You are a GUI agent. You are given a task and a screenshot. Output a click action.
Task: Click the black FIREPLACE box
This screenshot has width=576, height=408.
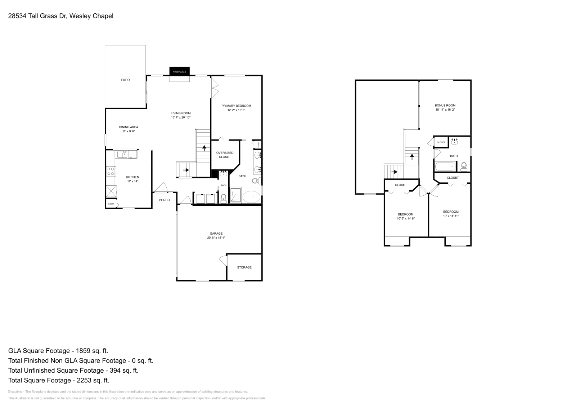[x=179, y=71]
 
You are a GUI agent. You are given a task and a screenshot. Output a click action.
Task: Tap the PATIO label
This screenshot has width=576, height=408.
[x=125, y=80]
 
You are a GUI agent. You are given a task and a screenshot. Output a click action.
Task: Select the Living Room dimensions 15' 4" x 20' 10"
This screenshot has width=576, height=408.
[x=181, y=117]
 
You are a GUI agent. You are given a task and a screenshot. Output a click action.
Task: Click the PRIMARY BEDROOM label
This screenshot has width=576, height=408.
[x=236, y=106]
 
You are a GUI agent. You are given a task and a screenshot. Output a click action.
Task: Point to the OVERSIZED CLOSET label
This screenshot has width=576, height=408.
[x=225, y=155]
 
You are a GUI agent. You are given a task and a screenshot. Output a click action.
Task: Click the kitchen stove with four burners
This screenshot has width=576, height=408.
[x=111, y=171]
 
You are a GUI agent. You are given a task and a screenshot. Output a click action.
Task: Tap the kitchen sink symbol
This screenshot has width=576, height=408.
[x=123, y=154]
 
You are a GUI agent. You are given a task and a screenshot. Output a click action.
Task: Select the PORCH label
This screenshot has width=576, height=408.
[x=164, y=200]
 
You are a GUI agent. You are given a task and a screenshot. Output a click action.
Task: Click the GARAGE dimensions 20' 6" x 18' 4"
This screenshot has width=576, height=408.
[x=216, y=238]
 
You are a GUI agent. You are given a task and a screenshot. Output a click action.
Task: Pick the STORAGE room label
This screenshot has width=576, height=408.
[x=244, y=267]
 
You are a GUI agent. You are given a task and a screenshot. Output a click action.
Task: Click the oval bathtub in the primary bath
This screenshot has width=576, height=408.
[x=251, y=197]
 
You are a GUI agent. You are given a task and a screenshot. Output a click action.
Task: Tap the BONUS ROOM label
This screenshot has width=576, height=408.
[x=445, y=105]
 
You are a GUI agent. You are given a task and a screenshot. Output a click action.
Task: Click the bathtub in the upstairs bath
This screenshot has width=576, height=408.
[x=445, y=167]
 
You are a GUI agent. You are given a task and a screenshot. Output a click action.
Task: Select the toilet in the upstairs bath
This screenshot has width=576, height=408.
[x=464, y=166]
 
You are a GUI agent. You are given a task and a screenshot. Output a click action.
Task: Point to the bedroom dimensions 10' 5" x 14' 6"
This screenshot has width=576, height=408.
[x=406, y=219]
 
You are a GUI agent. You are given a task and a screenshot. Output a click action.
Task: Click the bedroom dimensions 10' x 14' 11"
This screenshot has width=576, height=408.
[x=451, y=216]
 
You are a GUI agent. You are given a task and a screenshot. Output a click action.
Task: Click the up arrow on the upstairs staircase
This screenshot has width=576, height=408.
[x=412, y=156]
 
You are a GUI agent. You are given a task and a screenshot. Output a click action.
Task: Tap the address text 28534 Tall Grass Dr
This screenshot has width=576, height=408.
[x=37, y=16]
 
